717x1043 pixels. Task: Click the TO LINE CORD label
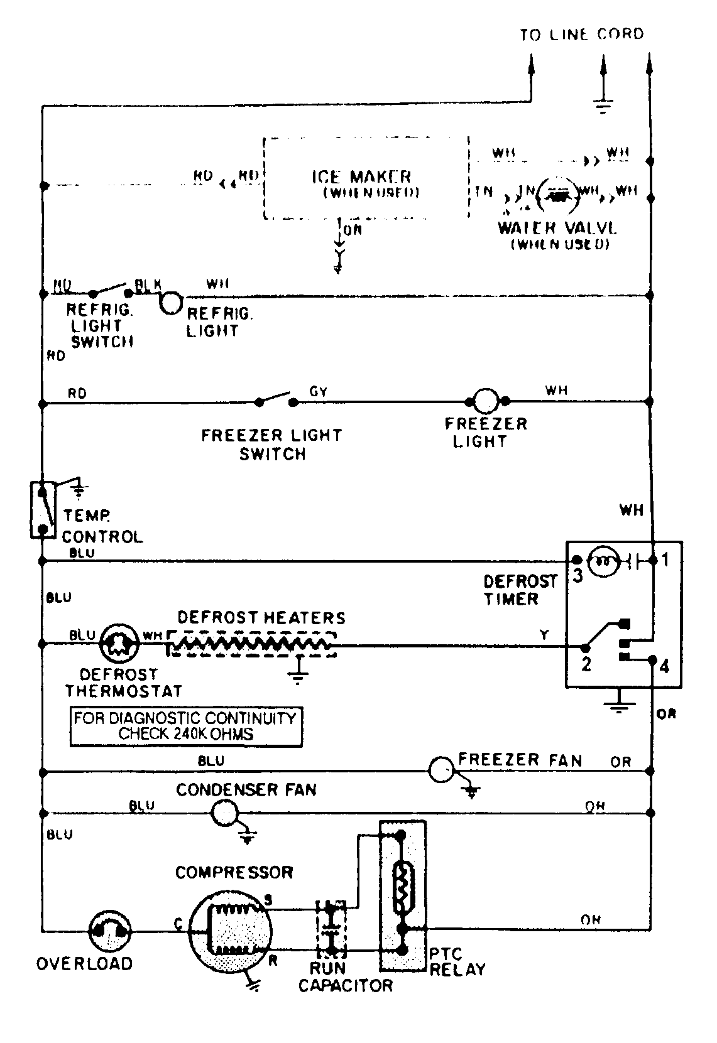(582, 34)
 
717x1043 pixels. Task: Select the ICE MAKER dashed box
(365, 179)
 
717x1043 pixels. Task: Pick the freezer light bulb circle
(485, 401)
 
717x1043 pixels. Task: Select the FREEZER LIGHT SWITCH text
(271, 445)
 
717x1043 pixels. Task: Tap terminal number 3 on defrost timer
(577, 576)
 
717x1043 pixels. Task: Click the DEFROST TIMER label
(520, 590)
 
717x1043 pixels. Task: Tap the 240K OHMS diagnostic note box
(186, 727)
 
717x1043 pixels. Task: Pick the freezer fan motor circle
(442, 770)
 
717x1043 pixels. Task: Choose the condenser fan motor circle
(223, 814)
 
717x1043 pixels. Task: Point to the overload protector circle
(110, 932)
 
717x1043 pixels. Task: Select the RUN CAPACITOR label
(344, 977)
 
